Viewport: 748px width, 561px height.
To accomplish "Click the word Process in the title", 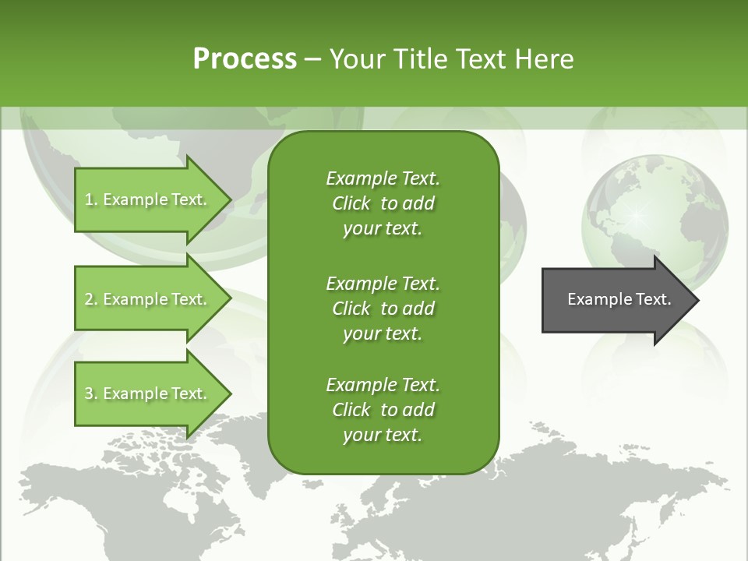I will [x=245, y=59].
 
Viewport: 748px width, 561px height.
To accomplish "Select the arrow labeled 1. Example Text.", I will [x=148, y=199].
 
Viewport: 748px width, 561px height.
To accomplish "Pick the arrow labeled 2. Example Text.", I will [x=148, y=299].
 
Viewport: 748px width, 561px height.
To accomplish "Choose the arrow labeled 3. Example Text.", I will [x=148, y=393].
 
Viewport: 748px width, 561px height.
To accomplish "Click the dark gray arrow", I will [x=616, y=300].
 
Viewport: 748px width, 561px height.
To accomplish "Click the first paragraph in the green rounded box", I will [x=383, y=203].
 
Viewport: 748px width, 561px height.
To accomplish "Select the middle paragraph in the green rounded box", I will [x=383, y=308].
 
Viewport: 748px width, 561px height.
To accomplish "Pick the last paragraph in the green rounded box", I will [x=383, y=409].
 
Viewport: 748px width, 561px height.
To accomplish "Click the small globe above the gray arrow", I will [x=654, y=210].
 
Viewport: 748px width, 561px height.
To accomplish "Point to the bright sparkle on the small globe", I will [x=637, y=213].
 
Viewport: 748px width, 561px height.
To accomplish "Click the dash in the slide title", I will [x=312, y=59].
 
